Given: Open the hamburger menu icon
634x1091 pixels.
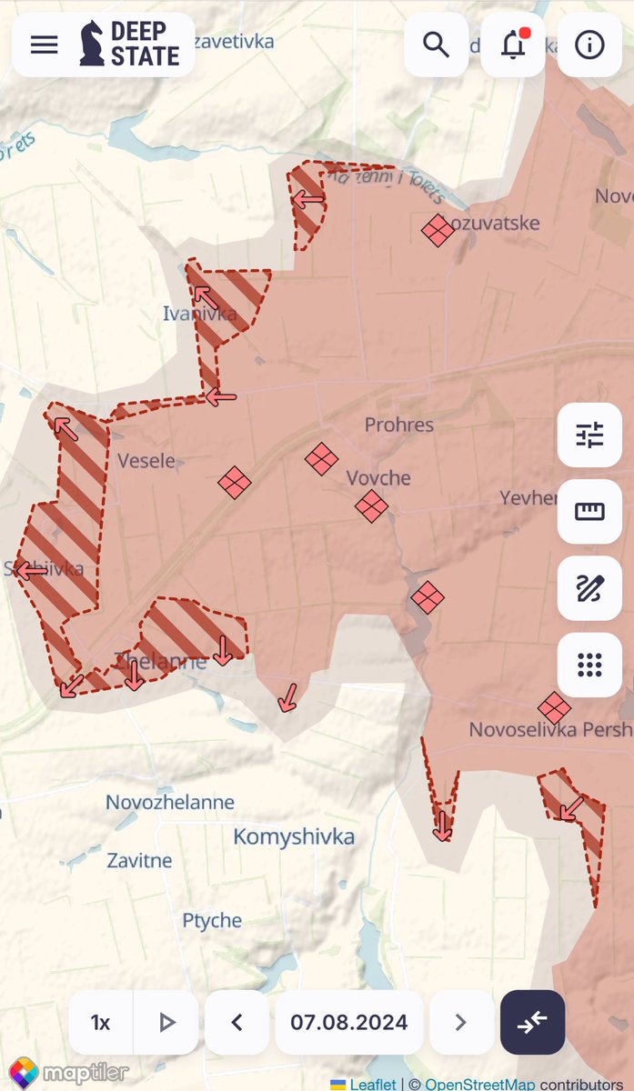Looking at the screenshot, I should pyautogui.click(x=44, y=45).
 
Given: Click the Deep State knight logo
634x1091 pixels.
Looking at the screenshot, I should pyautogui.click(x=92, y=44).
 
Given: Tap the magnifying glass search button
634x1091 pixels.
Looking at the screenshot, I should pyautogui.click(x=437, y=44).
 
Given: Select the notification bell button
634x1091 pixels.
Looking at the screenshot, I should pyautogui.click(x=513, y=44).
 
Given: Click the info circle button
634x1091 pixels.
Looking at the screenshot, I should pyautogui.click(x=589, y=44).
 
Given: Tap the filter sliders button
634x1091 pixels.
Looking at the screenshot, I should pyautogui.click(x=589, y=435).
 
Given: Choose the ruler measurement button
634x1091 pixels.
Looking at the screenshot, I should pyautogui.click(x=589, y=511).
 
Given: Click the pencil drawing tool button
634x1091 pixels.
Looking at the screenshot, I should pyautogui.click(x=589, y=588).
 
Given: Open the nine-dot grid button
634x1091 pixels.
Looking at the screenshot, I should pyautogui.click(x=589, y=665).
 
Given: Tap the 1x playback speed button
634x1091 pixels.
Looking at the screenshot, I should pyautogui.click(x=100, y=1023).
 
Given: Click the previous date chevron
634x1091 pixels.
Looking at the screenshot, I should pyautogui.click(x=236, y=1023).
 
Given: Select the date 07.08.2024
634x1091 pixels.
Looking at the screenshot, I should pyautogui.click(x=349, y=1023).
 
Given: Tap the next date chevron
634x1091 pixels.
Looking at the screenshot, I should pyautogui.click(x=460, y=1023).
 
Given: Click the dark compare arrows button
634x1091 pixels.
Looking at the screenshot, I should pyautogui.click(x=532, y=1022).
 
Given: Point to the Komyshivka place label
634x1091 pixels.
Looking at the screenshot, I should pyautogui.click(x=294, y=836).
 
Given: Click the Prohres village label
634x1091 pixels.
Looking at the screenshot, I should pyautogui.click(x=399, y=425).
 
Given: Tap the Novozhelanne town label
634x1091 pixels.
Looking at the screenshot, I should pyautogui.click(x=170, y=802).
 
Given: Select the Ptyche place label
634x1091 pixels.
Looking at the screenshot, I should pyautogui.click(x=212, y=920).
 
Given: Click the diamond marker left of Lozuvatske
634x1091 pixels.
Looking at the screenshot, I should pyautogui.click(x=438, y=230).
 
